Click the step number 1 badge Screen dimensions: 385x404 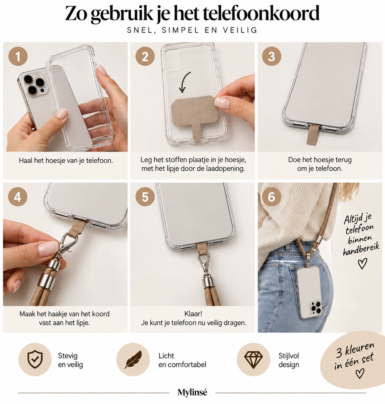click(18, 56)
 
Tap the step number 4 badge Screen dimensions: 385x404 click(18, 197)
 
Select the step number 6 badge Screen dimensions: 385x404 click(271, 197)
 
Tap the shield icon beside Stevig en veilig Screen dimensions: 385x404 click(35, 359)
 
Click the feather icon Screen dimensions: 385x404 click(133, 359)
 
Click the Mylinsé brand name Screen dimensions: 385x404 click(192, 392)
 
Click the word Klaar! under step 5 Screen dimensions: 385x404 click(193, 314)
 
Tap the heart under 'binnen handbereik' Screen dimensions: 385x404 click(362, 263)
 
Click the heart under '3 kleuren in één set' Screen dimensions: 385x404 click(360, 374)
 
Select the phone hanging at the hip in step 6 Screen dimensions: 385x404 click(309, 292)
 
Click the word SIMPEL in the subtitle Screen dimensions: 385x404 click(181, 30)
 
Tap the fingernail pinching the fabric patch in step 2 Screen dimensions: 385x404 click(222, 103)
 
